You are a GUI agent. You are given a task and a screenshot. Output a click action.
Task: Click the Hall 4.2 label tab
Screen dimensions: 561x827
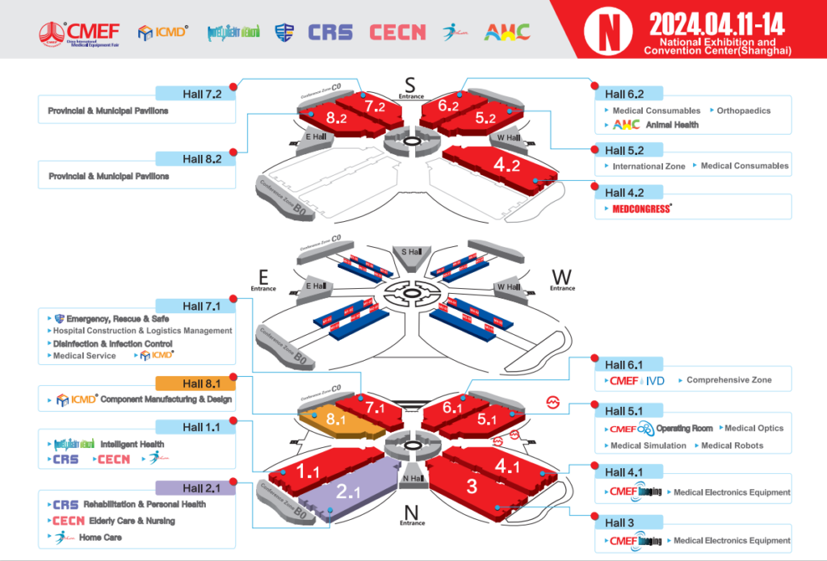628,192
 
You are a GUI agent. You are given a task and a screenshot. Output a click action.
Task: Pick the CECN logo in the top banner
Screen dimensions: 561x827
397,32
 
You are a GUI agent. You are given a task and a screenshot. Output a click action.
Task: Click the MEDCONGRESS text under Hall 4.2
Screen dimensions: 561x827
642,209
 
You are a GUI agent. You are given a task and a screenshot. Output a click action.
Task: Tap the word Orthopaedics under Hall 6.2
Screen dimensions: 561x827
743,111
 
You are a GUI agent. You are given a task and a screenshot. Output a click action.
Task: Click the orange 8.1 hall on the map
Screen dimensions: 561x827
335,420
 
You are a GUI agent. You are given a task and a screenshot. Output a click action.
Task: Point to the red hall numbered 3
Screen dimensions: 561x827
472,486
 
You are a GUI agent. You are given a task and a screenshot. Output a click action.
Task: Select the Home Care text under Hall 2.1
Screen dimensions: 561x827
100,538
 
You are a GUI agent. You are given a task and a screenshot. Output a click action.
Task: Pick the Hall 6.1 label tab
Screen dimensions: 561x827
628,364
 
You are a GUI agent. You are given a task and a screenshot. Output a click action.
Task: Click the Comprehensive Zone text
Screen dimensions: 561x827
728,380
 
